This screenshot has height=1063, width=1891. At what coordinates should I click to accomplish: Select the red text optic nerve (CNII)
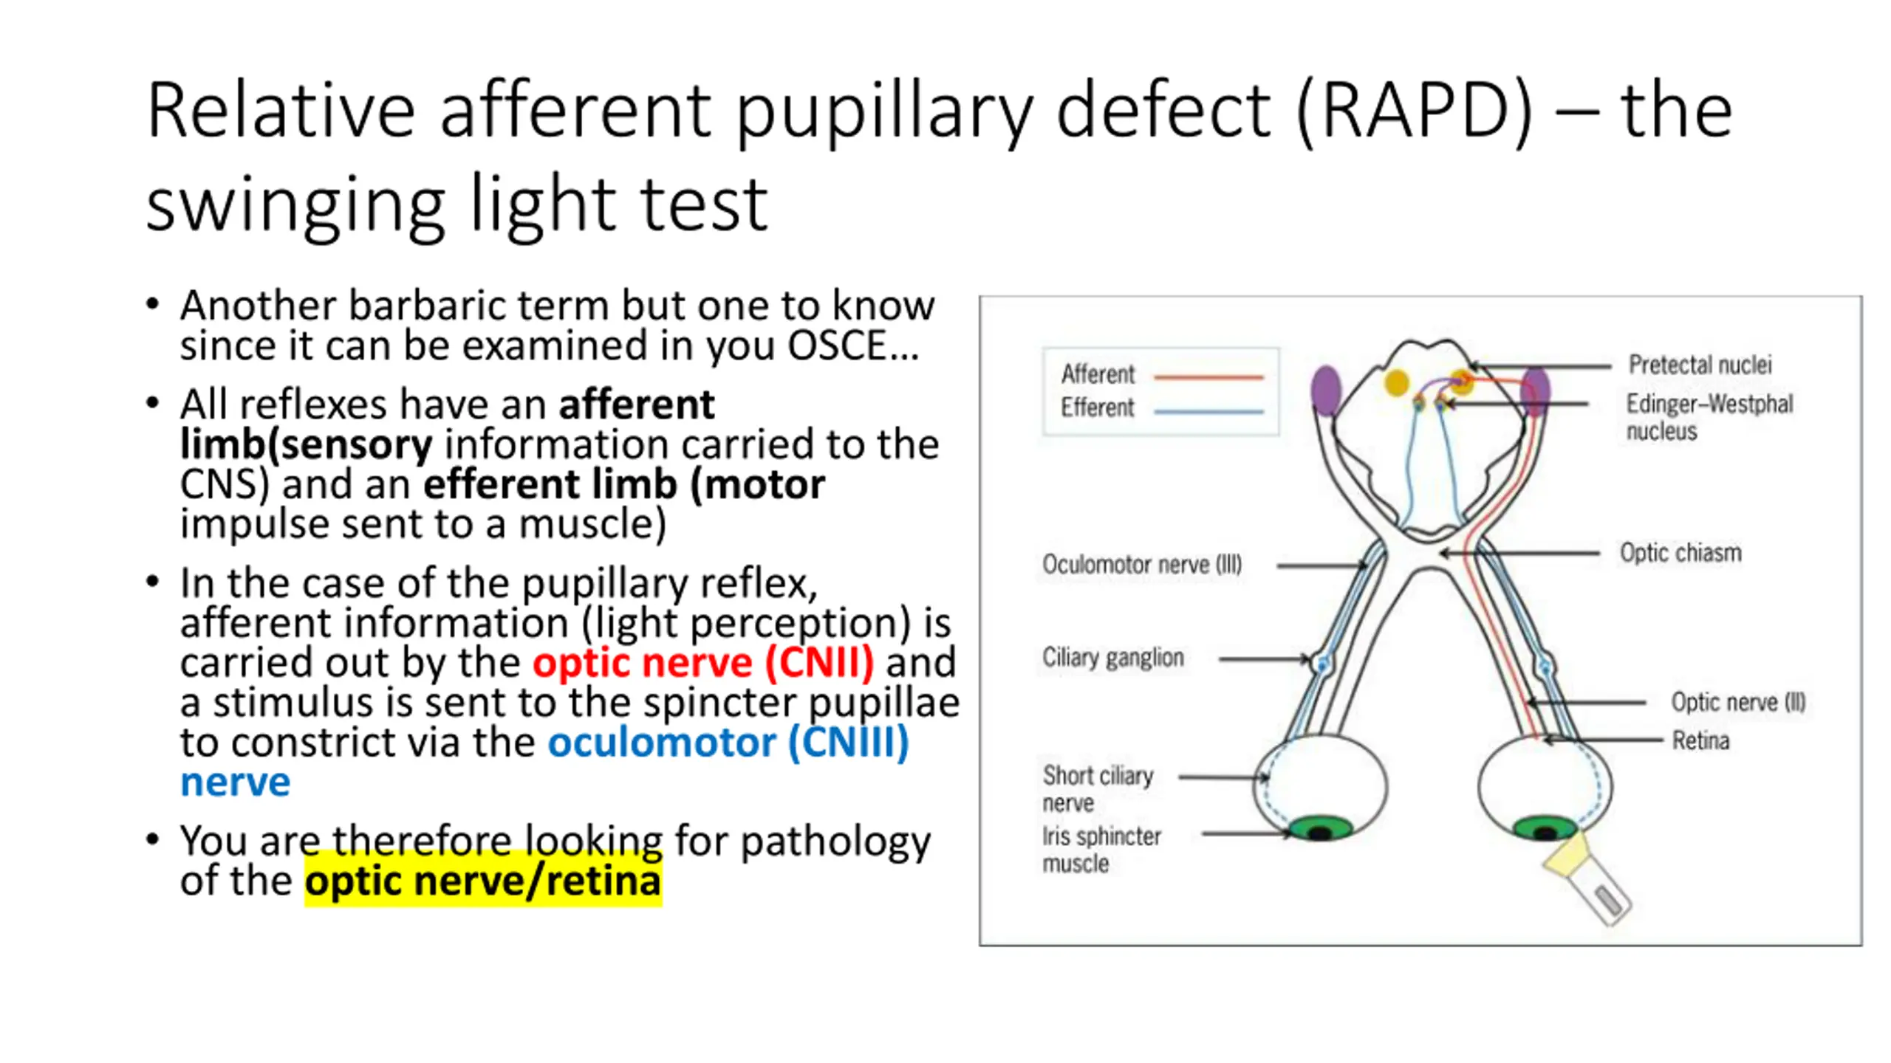click(x=703, y=662)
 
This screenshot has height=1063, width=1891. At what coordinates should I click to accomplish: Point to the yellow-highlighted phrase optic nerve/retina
click(x=483, y=881)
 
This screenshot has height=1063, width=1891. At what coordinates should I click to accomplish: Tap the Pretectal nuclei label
click(x=1700, y=365)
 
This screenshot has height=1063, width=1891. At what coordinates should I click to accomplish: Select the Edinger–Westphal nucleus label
click(x=1709, y=417)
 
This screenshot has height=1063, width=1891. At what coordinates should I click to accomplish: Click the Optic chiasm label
click(x=1680, y=553)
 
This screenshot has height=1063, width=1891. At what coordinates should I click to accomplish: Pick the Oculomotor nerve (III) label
click(x=1141, y=565)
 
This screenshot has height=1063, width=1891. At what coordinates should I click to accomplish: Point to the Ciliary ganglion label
click(x=1112, y=657)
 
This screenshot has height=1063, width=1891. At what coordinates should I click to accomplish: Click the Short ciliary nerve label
click(x=1097, y=788)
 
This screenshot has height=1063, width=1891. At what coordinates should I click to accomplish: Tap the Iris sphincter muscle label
click(x=1101, y=849)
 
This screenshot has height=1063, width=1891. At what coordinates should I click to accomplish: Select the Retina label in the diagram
click(x=1700, y=740)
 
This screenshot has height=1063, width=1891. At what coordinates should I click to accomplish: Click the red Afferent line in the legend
click(x=1208, y=377)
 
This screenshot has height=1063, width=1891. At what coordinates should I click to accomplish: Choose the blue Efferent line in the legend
click(x=1208, y=411)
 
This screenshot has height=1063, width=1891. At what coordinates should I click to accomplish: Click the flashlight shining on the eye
click(x=1588, y=882)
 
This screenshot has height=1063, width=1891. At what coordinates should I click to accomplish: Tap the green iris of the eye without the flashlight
click(x=1320, y=828)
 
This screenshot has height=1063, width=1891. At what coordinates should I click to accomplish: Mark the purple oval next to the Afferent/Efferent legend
click(x=1326, y=390)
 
